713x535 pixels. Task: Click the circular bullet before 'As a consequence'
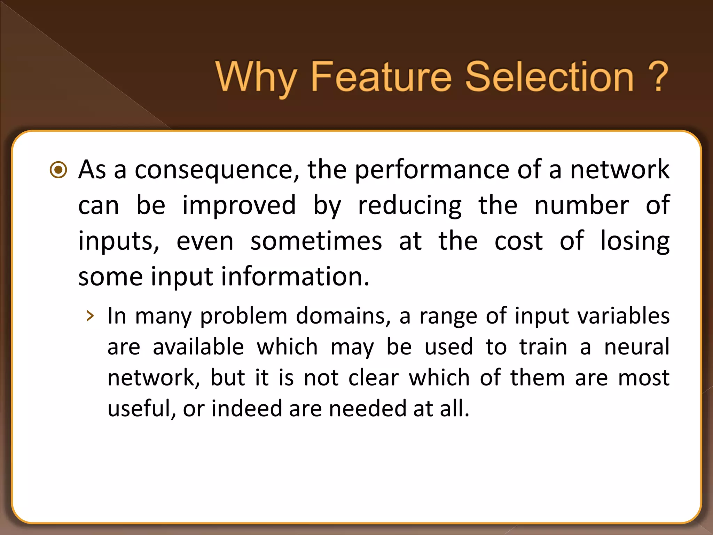tap(58, 170)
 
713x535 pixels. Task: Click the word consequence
tap(216, 170)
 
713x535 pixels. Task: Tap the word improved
tap(239, 206)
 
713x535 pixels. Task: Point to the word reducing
tap(410, 206)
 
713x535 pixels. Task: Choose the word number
tap(581, 206)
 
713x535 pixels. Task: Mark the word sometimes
tap(316, 241)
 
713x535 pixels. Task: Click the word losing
tap(635, 241)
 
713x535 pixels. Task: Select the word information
tap(295, 277)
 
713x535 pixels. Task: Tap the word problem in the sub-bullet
tap(244, 316)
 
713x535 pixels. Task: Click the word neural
tap(637, 347)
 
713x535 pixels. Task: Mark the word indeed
tap(246, 408)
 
